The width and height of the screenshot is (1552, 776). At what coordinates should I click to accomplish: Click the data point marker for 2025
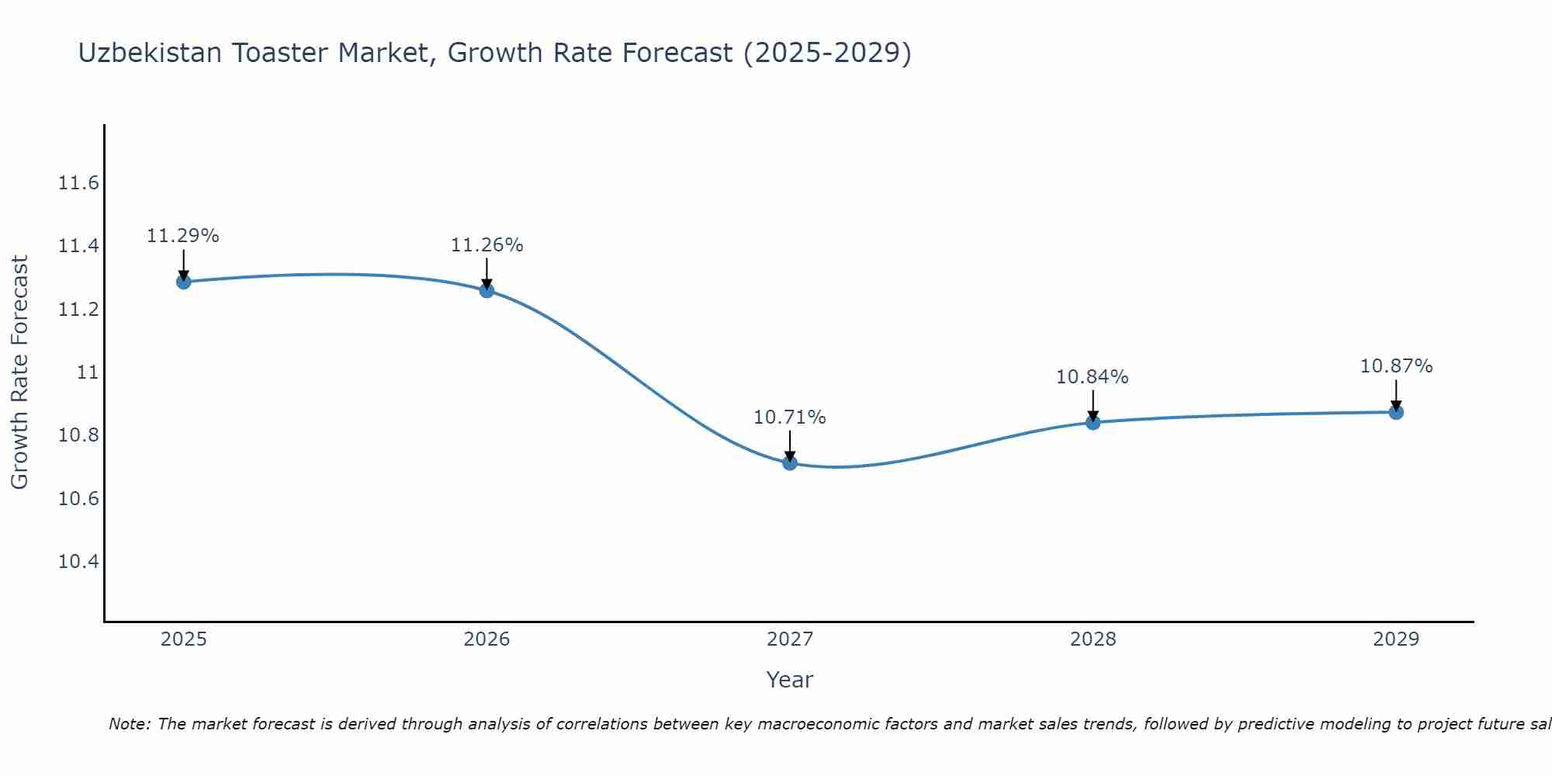[x=184, y=282]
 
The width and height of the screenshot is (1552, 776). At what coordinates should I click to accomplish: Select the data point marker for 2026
[x=487, y=290]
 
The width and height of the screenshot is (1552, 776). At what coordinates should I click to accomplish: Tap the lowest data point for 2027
[x=790, y=463]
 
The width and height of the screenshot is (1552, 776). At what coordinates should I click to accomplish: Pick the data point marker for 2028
[x=1093, y=422]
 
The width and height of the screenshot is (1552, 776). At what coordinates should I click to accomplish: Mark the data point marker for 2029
[x=1396, y=412]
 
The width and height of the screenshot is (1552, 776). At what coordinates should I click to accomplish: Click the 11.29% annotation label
[x=183, y=236]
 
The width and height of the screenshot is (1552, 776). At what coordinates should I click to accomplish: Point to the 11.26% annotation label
[x=487, y=245]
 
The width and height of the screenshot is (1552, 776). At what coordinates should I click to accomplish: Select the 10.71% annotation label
[x=790, y=417]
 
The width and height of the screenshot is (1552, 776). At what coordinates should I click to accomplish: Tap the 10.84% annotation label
[x=1093, y=377]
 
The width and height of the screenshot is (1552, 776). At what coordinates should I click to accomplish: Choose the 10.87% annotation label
[x=1396, y=366]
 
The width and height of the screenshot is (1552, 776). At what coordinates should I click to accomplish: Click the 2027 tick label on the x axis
[x=790, y=639]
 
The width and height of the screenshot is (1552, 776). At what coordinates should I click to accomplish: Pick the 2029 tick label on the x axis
[x=1396, y=639]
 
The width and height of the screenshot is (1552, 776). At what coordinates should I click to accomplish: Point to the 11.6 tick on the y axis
[x=79, y=183]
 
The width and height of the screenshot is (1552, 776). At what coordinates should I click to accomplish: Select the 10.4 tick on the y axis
[x=79, y=561]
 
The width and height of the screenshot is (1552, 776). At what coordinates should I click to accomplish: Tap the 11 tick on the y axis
[x=88, y=372]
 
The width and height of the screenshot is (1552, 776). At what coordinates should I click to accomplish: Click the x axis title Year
[x=790, y=680]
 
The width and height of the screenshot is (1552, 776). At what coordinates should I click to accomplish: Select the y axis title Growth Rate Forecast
[x=19, y=372]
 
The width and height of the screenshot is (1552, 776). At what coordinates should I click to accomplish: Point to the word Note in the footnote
[x=130, y=724]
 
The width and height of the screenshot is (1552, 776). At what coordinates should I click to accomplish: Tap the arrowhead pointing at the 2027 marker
[x=790, y=456]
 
